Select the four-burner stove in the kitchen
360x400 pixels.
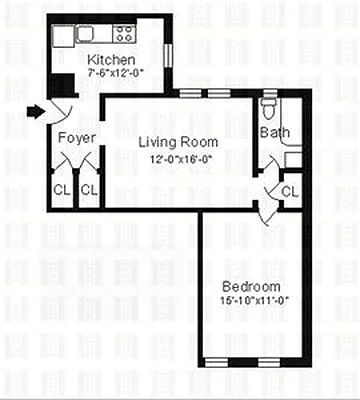125,34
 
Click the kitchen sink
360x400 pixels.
88,34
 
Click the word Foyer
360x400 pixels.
76,137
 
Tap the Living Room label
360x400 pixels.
177,142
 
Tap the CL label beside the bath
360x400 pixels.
289,190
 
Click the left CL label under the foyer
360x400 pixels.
62,189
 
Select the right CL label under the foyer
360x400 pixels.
90,189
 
